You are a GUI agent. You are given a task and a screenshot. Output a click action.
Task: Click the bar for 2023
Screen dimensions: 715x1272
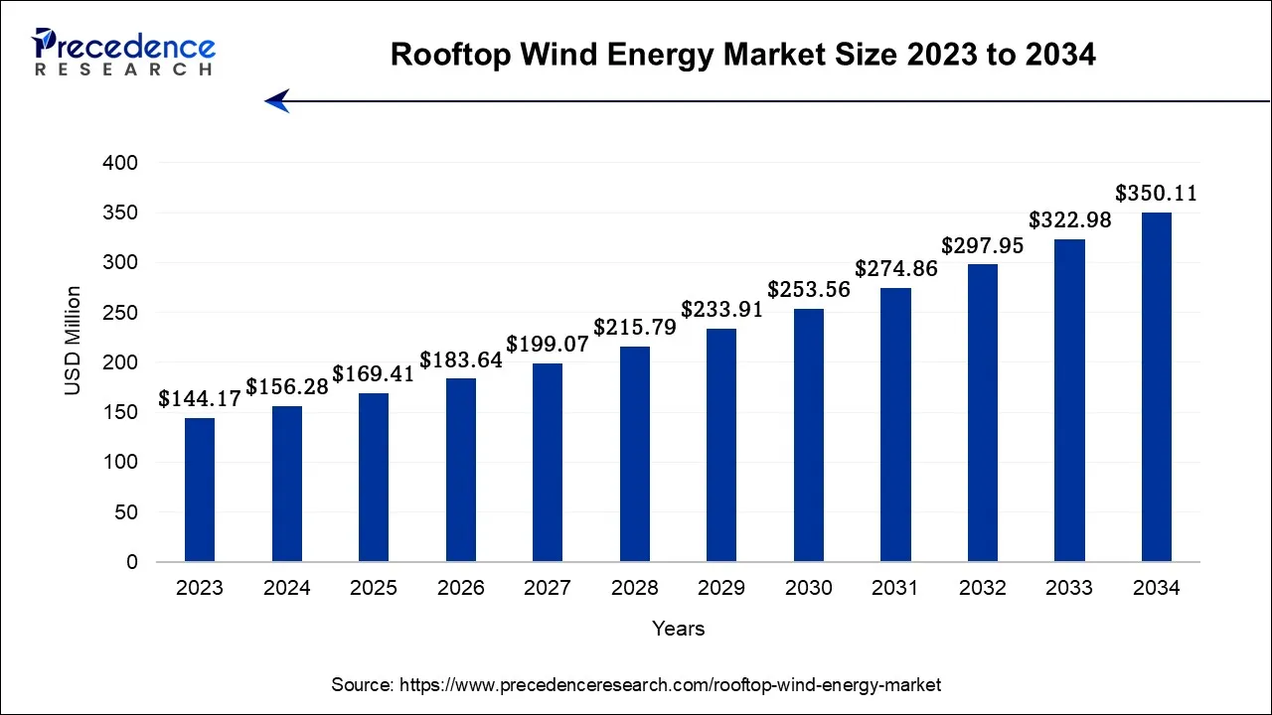200,490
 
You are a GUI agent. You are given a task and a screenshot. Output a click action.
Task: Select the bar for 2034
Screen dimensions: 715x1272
1156,387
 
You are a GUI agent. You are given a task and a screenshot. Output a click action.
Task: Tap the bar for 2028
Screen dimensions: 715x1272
635,454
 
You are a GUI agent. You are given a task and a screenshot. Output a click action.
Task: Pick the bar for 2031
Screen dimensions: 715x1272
895,425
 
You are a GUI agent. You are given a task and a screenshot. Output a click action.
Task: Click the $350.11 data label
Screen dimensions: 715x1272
1156,193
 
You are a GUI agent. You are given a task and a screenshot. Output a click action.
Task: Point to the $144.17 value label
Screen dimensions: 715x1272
200,399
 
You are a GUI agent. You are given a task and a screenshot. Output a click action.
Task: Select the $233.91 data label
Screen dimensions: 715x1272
721,309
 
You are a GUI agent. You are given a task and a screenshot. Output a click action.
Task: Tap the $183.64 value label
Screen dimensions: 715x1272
461,359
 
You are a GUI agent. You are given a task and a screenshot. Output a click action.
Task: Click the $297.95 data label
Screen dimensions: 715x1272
982,245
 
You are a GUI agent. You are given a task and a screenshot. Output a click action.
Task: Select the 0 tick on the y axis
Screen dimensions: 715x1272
132,562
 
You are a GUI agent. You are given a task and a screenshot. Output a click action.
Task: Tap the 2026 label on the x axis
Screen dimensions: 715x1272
461,588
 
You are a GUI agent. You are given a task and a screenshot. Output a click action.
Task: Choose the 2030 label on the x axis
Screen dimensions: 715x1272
809,588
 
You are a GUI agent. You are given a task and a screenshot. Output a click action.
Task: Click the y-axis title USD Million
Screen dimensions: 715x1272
74,341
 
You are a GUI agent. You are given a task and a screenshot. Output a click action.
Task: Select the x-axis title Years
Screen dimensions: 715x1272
679,629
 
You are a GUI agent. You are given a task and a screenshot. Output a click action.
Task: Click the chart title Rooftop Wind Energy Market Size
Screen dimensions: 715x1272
743,55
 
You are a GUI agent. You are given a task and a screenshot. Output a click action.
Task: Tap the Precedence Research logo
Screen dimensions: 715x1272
123,52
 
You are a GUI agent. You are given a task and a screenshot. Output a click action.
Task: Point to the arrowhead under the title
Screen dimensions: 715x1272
277,100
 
